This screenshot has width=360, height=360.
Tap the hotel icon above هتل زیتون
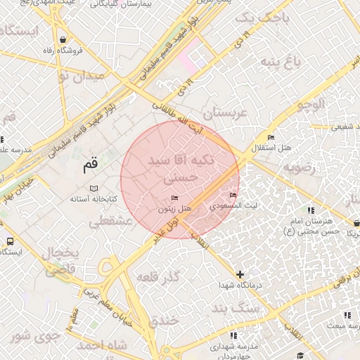point(174,199)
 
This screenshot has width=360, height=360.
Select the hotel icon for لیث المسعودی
point(233,195)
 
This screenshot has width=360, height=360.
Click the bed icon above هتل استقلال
point(271,137)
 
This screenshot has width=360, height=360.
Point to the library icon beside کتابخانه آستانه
point(94,188)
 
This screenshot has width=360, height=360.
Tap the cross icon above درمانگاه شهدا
point(240,274)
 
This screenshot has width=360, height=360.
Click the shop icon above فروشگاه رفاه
point(64,39)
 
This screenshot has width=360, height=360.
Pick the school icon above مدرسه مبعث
point(346,314)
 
